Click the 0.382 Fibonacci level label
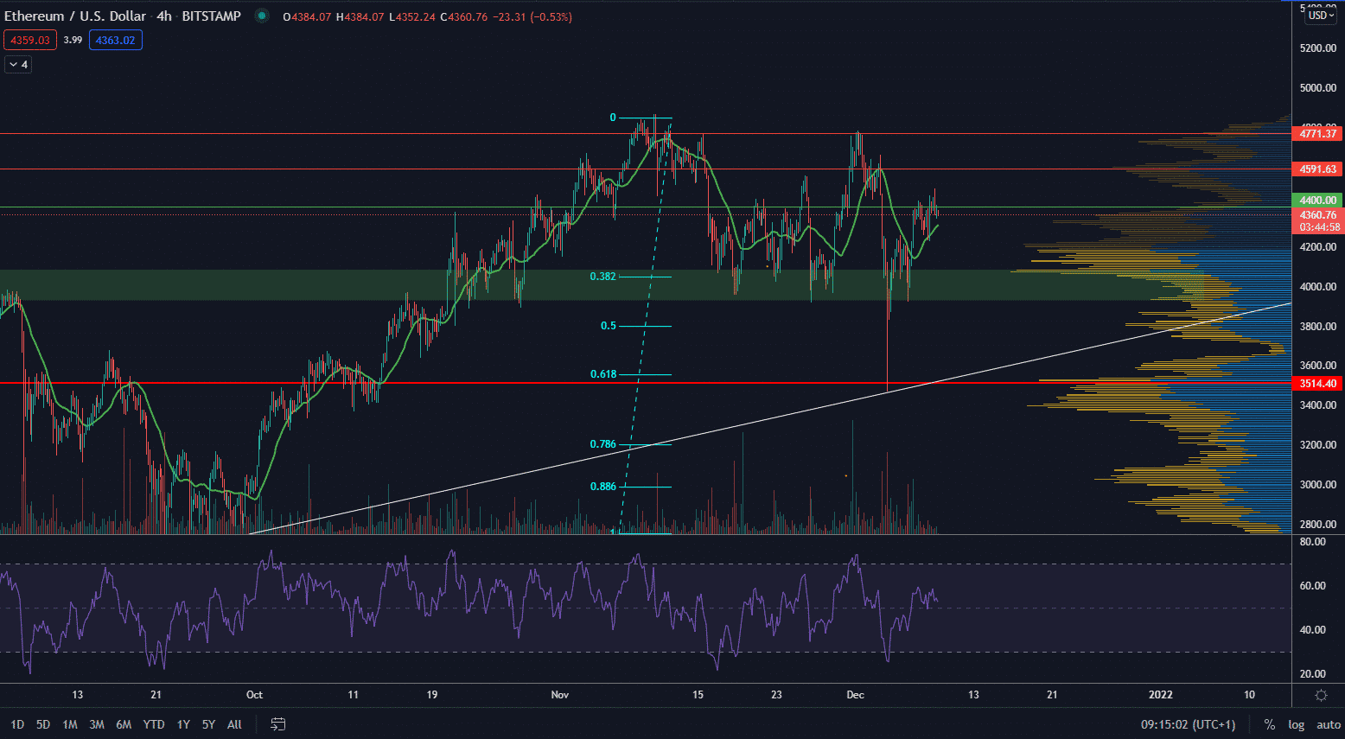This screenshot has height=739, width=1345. coord(602,277)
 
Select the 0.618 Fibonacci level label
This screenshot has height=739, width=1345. coord(602,374)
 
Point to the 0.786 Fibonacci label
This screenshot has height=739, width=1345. coord(602,444)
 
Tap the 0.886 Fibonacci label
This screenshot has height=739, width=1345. coord(602,487)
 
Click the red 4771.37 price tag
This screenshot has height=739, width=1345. coord(1317,134)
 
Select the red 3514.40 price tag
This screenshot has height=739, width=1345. coord(1317,384)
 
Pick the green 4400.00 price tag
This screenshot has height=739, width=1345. coord(1317,201)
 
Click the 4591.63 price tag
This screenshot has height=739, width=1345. coord(1317,169)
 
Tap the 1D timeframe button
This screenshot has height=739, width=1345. coord(17,724)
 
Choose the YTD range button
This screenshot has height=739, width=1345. coord(154,724)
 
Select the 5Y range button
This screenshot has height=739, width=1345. coord(208,724)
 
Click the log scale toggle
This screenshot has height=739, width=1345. coord(1296,724)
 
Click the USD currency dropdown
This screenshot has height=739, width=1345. coord(1321,16)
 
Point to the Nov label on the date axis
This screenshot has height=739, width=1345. coord(560,695)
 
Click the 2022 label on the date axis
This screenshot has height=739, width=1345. coord(1160,695)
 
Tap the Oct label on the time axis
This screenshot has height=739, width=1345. coord(254,695)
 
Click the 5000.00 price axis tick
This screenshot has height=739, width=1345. coord(1317,88)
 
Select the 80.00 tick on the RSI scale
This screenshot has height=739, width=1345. coord(1312,542)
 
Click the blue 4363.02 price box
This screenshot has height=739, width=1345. coord(115,41)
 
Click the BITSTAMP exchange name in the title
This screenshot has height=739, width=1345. coord(211,16)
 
